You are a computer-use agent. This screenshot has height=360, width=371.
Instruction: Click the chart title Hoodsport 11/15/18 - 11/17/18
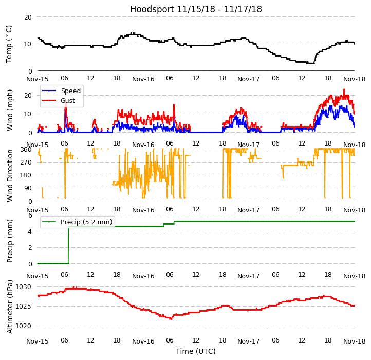coord(196,9)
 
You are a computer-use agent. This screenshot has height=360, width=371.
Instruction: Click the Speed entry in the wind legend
coord(70,91)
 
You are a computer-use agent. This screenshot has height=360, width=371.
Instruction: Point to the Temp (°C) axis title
coord(9,44)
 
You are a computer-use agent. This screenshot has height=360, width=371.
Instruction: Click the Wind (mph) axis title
coord(10,110)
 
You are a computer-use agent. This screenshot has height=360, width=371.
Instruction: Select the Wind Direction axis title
coord(10,175)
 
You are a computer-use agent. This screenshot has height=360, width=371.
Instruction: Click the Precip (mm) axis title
coord(10,241)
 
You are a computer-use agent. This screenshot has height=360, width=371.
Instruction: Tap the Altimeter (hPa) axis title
coord(10,307)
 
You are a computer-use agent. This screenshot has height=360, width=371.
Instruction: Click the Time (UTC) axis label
coord(196,352)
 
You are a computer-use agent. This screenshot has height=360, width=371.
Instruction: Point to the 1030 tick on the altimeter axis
coord(24,287)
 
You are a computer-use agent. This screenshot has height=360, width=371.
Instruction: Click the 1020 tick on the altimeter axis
coord(24,326)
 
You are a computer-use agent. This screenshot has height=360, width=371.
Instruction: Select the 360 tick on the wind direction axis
coord(26,150)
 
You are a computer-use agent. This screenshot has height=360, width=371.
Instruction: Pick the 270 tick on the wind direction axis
coord(26,163)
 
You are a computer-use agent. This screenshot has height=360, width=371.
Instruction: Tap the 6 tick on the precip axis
coord(30,215)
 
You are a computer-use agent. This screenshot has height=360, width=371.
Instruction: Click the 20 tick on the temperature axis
coord(28,17)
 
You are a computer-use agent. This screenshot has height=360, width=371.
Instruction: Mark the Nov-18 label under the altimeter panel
coord(355,341)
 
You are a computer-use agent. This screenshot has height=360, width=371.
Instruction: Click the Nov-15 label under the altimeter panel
coord(38,341)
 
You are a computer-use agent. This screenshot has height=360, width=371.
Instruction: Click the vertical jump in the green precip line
coord(68,245)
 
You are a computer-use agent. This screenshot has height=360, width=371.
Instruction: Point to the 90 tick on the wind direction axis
coord(28,188)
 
